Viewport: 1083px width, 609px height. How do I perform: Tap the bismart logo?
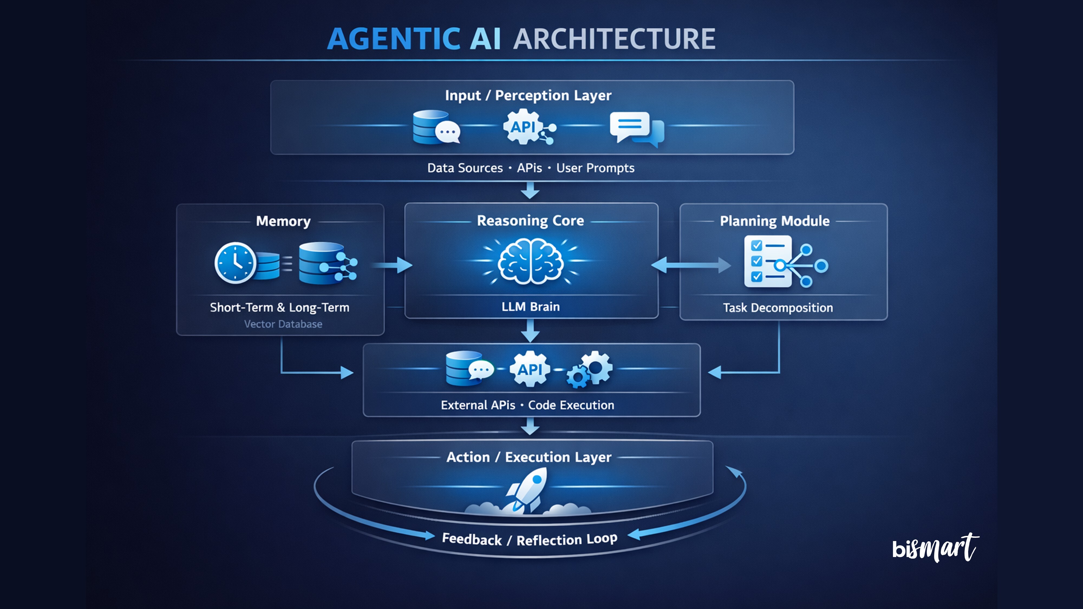point(935,547)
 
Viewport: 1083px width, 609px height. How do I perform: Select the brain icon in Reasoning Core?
point(531,261)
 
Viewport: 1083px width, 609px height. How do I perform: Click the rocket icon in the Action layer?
point(528,490)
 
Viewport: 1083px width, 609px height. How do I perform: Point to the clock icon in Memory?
point(235,263)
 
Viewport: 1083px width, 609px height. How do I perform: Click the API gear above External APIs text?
point(530,369)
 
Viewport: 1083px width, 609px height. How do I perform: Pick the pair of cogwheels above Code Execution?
point(590,369)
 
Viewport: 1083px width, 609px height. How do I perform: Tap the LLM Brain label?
point(531,307)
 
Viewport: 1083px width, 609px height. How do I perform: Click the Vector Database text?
point(283,324)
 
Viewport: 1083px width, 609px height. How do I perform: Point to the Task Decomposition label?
point(778,308)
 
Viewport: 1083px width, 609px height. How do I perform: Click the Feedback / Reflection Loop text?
point(530,539)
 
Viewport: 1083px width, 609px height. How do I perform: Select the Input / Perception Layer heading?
point(528,95)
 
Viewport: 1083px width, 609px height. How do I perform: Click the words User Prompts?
point(595,168)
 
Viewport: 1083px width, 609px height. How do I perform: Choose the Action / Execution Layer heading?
point(529,457)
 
